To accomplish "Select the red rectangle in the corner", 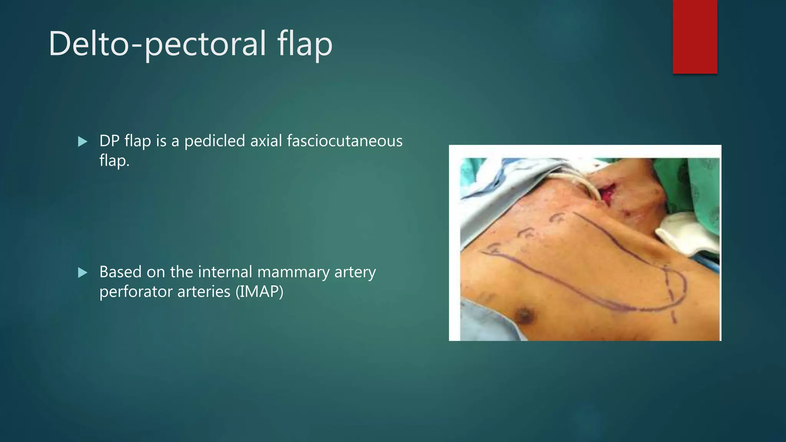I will pyautogui.click(x=695, y=37).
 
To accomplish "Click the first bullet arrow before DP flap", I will pyautogui.click(x=83, y=142).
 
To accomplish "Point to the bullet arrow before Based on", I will pyautogui.click(x=83, y=273).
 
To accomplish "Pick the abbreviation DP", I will pyautogui.click(x=109, y=141).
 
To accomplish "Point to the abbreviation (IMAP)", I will pyautogui.click(x=259, y=292).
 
